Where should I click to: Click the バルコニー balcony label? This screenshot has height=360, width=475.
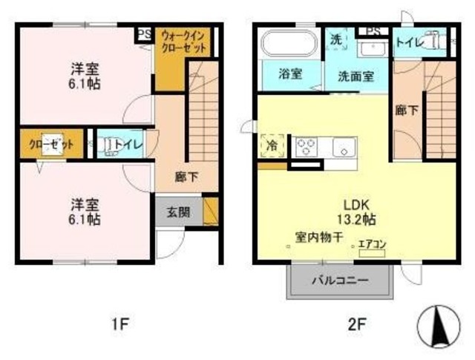[338, 281]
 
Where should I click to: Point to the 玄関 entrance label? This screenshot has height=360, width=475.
[177, 211]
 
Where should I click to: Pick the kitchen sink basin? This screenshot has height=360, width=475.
[343, 147]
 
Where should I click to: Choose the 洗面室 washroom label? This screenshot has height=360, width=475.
[356, 75]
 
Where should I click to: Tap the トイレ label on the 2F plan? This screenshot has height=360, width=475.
[410, 43]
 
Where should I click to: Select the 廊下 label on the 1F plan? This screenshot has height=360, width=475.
[186, 177]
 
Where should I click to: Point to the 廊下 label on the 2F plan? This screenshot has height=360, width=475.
[405, 110]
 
